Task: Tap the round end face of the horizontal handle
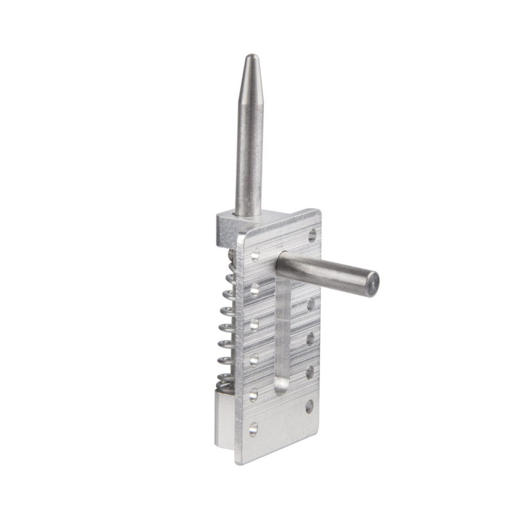(x=374, y=284)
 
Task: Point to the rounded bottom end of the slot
(x=281, y=386)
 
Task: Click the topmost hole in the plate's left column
(x=255, y=255)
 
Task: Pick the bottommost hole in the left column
(x=253, y=429)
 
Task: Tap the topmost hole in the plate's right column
(x=312, y=235)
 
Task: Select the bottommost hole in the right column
(x=309, y=406)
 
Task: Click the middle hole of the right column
(x=310, y=339)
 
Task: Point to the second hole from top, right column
(x=311, y=304)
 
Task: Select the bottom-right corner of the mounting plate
(x=317, y=433)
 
